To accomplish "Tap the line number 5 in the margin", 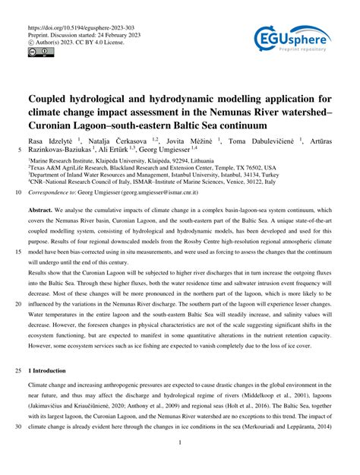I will coord(16,151).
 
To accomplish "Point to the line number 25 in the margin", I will coord(14,370).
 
